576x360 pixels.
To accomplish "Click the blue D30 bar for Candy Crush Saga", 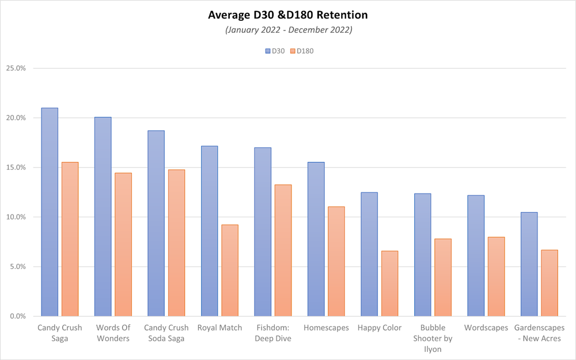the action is (50, 212).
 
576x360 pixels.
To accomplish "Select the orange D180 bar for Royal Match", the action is (230, 270).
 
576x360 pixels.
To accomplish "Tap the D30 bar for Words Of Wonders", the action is (103, 217).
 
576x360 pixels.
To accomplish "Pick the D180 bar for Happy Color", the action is (389, 283).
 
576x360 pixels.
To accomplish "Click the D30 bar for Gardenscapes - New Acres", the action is (529, 264).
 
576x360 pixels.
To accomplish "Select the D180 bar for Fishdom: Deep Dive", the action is (283, 251).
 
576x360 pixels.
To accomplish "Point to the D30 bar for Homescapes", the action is (316, 239).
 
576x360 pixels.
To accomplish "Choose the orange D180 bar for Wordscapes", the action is (497, 276).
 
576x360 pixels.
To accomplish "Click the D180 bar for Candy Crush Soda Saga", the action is (176, 243).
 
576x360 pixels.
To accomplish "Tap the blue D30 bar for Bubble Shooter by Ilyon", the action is (422, 255).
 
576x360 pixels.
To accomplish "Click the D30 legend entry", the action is (275, 51).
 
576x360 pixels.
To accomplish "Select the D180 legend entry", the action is (302, 51).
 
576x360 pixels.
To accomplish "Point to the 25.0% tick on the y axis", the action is (16, 69).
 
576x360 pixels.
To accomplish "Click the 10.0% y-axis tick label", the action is (16, 217).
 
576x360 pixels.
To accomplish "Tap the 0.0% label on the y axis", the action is (18, 316).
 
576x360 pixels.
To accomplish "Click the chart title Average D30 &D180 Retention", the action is (287, 15).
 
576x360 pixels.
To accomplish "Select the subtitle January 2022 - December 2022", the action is (289, 30).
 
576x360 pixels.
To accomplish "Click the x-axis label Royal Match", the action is (219, 328).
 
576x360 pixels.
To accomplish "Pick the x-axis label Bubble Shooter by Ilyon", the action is (433, 338).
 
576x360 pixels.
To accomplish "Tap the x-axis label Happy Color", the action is (380, 328).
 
